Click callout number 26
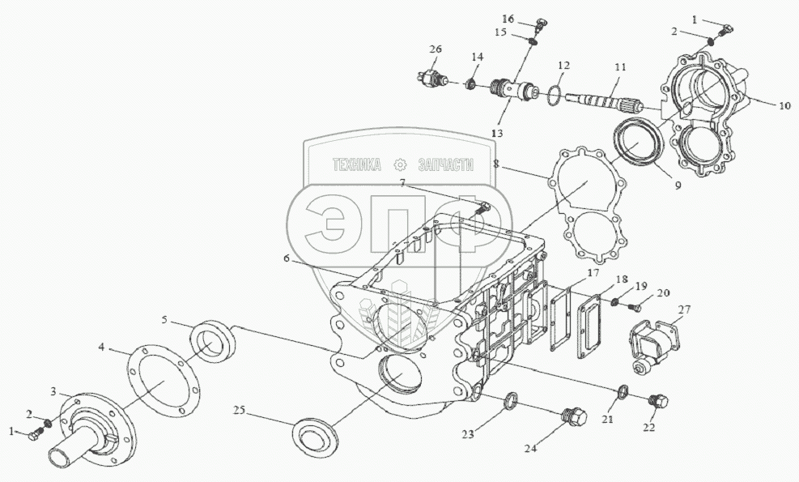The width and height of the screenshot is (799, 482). coord(436,50)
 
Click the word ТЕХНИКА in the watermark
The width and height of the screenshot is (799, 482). coord(357,164)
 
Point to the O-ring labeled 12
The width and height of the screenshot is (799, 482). coord(555,96)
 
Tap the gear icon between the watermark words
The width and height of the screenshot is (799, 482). coord(400,164)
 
